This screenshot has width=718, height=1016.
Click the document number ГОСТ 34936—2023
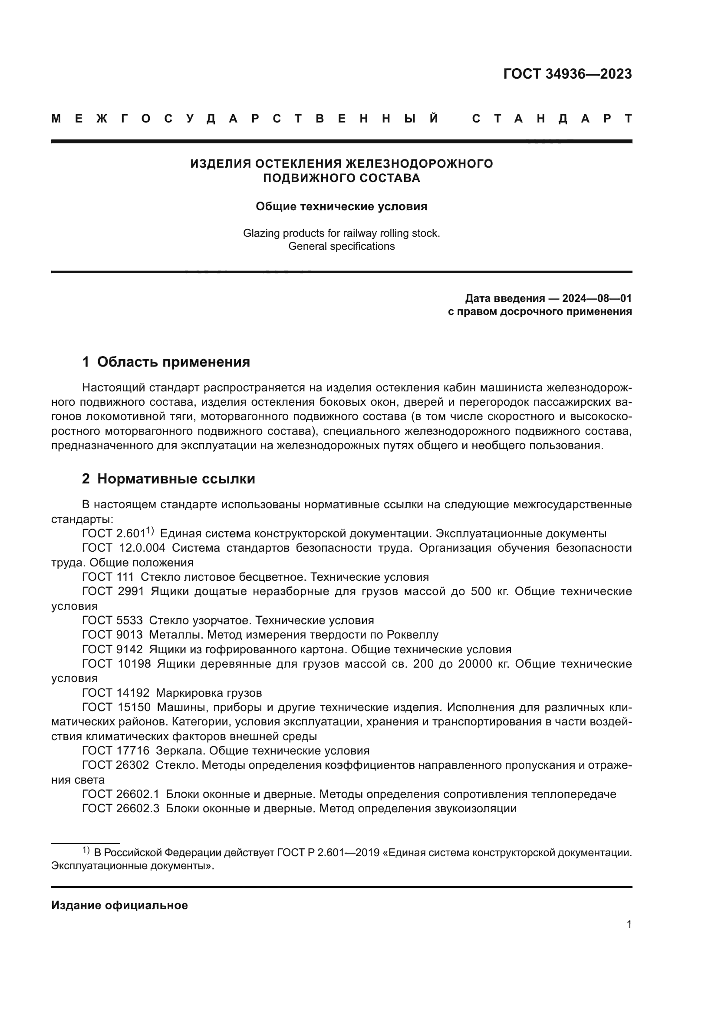(567, 74)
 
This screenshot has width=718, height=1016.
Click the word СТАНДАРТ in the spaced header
(552, 119)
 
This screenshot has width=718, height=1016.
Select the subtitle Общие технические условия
(341, 207)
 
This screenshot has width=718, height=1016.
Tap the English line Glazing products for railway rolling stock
(341, 233)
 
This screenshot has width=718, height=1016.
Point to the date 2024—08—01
(597, 298)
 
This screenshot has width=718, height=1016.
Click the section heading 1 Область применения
(166, 361)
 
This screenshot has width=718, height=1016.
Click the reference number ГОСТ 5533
(112, 620)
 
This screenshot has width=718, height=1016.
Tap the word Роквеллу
(412, 635)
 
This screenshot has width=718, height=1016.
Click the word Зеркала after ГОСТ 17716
(181, 751)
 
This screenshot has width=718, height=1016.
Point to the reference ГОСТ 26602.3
(120, 808)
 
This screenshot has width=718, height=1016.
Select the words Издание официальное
(119, 905)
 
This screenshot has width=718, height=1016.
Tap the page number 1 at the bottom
(629, 924)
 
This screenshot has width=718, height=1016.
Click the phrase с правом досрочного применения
(540, 311)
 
